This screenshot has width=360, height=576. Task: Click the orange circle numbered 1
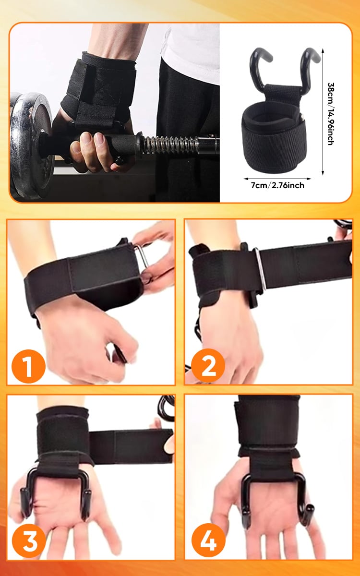(x=28, y=366)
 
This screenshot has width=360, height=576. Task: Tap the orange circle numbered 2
(x=208, y=366)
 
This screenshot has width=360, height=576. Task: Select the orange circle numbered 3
(x=29, y=540)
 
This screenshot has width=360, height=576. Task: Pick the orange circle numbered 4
(x=208, y=540)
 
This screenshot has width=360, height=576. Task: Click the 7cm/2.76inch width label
(x=277, y=185)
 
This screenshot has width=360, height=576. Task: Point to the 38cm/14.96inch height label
(x=331, y=114)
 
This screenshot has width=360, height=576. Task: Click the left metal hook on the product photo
(x=258, y=67)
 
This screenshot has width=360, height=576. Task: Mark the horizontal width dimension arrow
(x=277, y=179)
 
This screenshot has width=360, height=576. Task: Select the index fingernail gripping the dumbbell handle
(x=99, y=139)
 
